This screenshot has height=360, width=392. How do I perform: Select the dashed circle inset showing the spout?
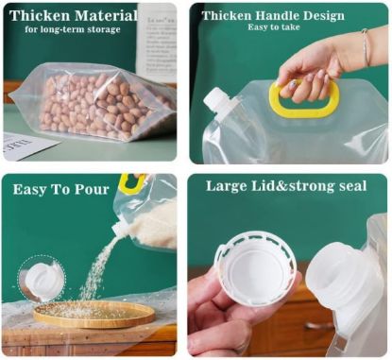[x=42, y=279]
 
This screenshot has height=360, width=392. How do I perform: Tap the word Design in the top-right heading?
[x=346, y=16]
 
